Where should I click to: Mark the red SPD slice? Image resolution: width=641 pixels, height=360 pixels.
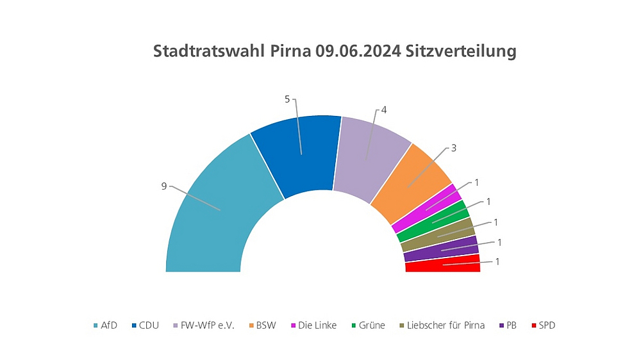point(443,263)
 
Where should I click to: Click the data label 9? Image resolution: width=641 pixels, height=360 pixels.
point(164,186)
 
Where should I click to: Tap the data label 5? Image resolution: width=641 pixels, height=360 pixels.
point(287,99)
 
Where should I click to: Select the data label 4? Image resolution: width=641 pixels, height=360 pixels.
point(384,110)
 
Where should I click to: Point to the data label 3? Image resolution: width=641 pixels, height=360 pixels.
point(453,148)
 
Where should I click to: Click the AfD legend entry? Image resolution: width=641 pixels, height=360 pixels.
point(104,325)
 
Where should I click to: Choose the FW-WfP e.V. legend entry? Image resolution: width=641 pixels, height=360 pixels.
point(204,325)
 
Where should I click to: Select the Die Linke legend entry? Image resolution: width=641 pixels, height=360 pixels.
point(313,325)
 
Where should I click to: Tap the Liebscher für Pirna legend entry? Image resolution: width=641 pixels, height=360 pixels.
point(442,325)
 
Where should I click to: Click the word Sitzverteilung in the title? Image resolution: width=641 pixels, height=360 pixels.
point(462,52)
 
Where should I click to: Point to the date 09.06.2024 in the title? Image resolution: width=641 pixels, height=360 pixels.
point(358,52)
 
